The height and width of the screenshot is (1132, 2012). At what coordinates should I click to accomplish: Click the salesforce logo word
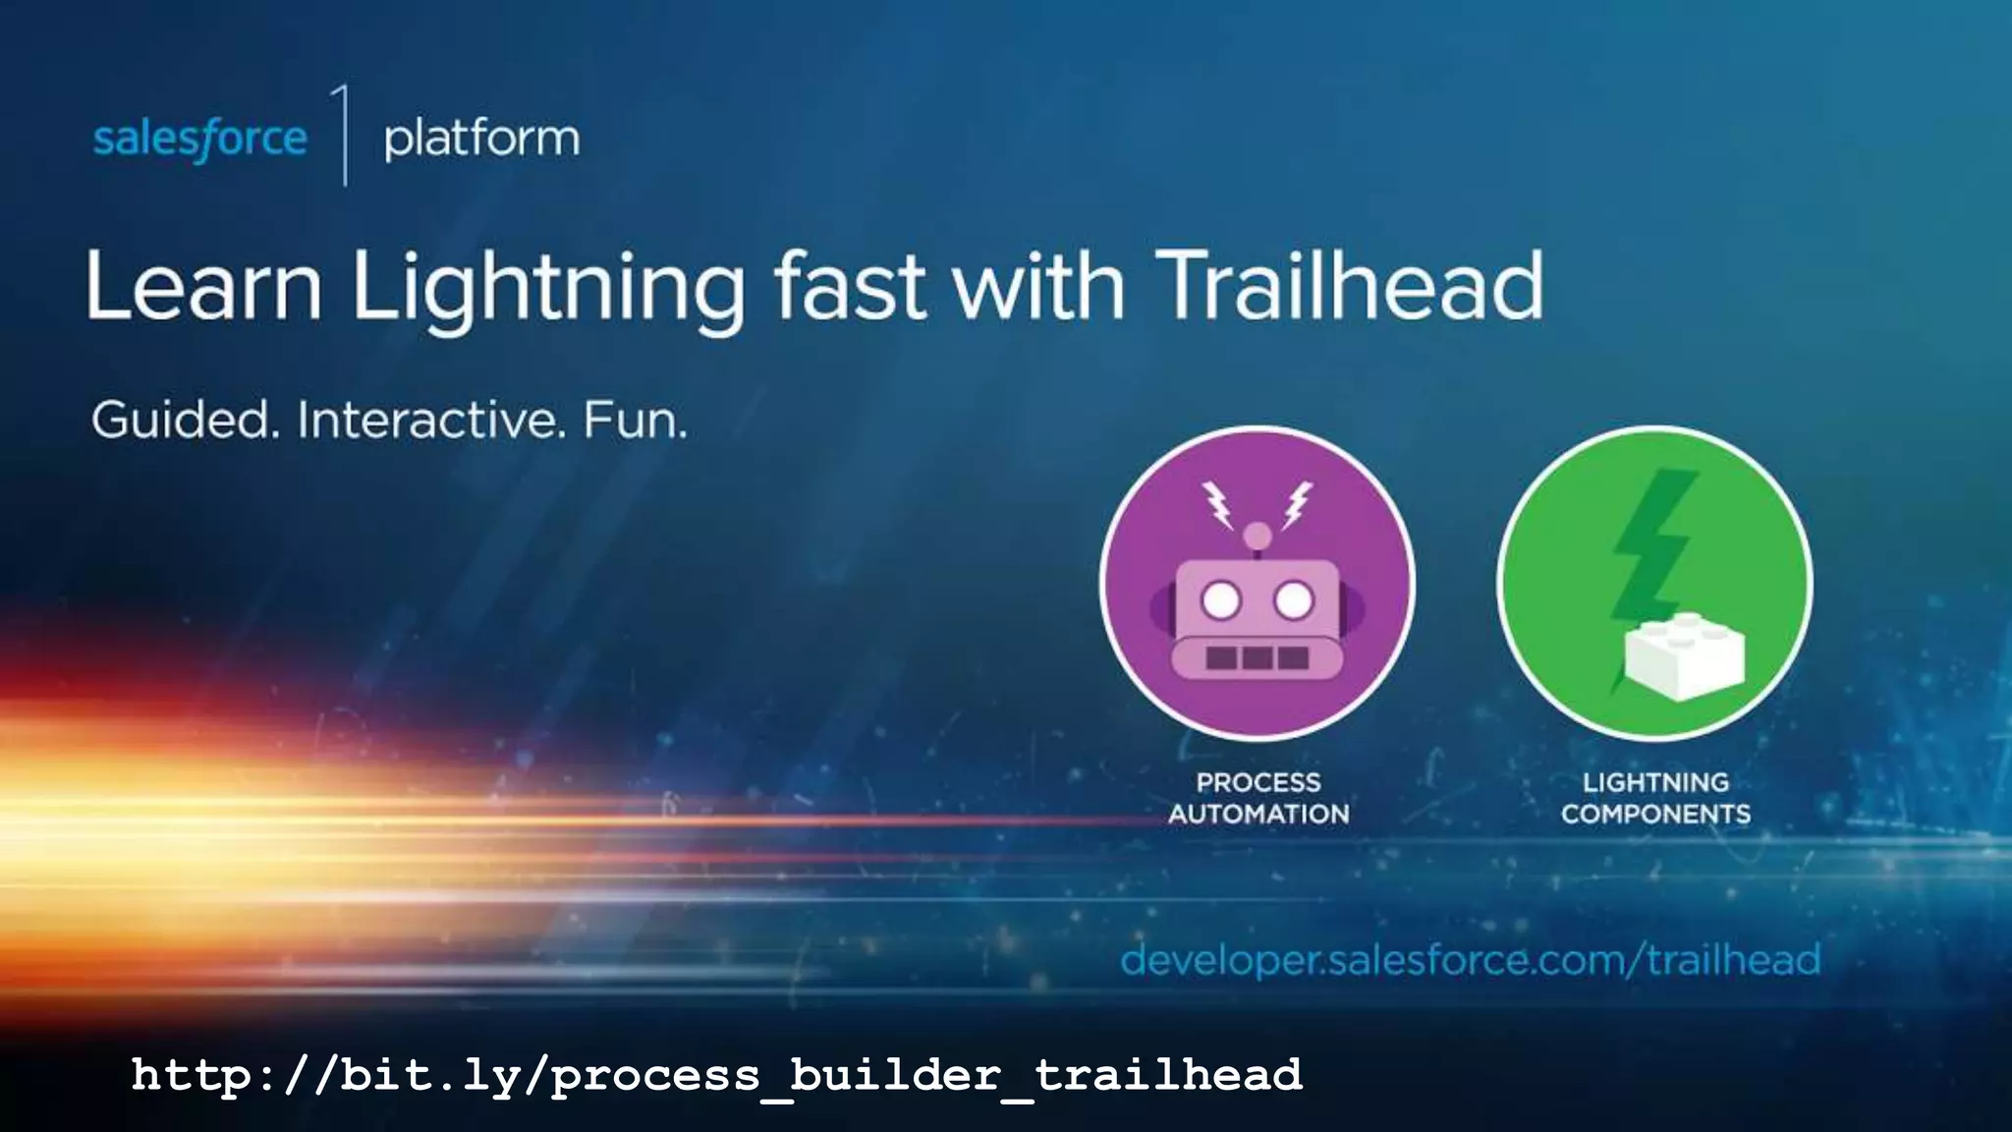pyautogui.click(x=199, y=139)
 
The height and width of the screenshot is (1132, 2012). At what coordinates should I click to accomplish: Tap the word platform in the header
pyautogui.click(x=481, y=139)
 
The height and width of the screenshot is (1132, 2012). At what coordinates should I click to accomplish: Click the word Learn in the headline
pyautogui.click(x=203, y=286)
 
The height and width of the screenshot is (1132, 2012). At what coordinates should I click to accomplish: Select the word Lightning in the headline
pyautogui.click(x=548, y=288)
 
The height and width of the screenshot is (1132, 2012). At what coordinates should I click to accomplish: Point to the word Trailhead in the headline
pyautogui.click(x=1348, y=286)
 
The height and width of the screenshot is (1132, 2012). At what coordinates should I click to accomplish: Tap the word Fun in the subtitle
pyautogui.click(x=634, y=421)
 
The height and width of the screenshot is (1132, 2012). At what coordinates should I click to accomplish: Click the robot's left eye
pyautogui.click(x=1221, y=599)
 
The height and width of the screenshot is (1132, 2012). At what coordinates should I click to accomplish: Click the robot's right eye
pyautogui.click(x=1293, y=599)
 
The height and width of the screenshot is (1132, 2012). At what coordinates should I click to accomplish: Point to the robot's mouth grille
pyautogui.click(x=1257, y=657)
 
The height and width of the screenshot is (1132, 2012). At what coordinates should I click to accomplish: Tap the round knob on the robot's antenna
pyautogui.click(x=1257, y=536)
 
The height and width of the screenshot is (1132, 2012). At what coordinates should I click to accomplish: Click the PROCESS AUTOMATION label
pyautogui.click(x=1258, y=798)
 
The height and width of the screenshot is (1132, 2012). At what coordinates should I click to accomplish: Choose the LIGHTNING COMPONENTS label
pyautogui.click(x=1655, y=798)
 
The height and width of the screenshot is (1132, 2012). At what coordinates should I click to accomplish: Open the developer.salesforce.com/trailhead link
pyautogui.click(x=1470, y=959)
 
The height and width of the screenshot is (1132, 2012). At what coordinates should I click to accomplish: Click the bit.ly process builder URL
pyautogui.click(x=716, y=1075)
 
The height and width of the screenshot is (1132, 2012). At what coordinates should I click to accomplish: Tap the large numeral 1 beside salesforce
pyautogui.click(x=343, y=135)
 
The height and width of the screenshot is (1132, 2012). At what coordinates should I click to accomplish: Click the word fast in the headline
pyautogui.click(x=850, y=286)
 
